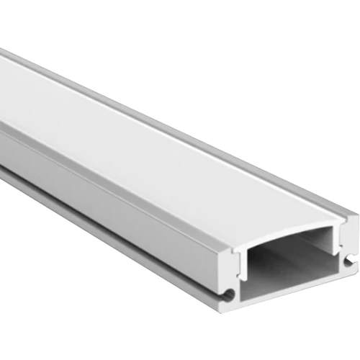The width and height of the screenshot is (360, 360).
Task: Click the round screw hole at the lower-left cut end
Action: (x=228, y=293)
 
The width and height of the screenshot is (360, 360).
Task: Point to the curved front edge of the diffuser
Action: (x=288, y=232)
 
